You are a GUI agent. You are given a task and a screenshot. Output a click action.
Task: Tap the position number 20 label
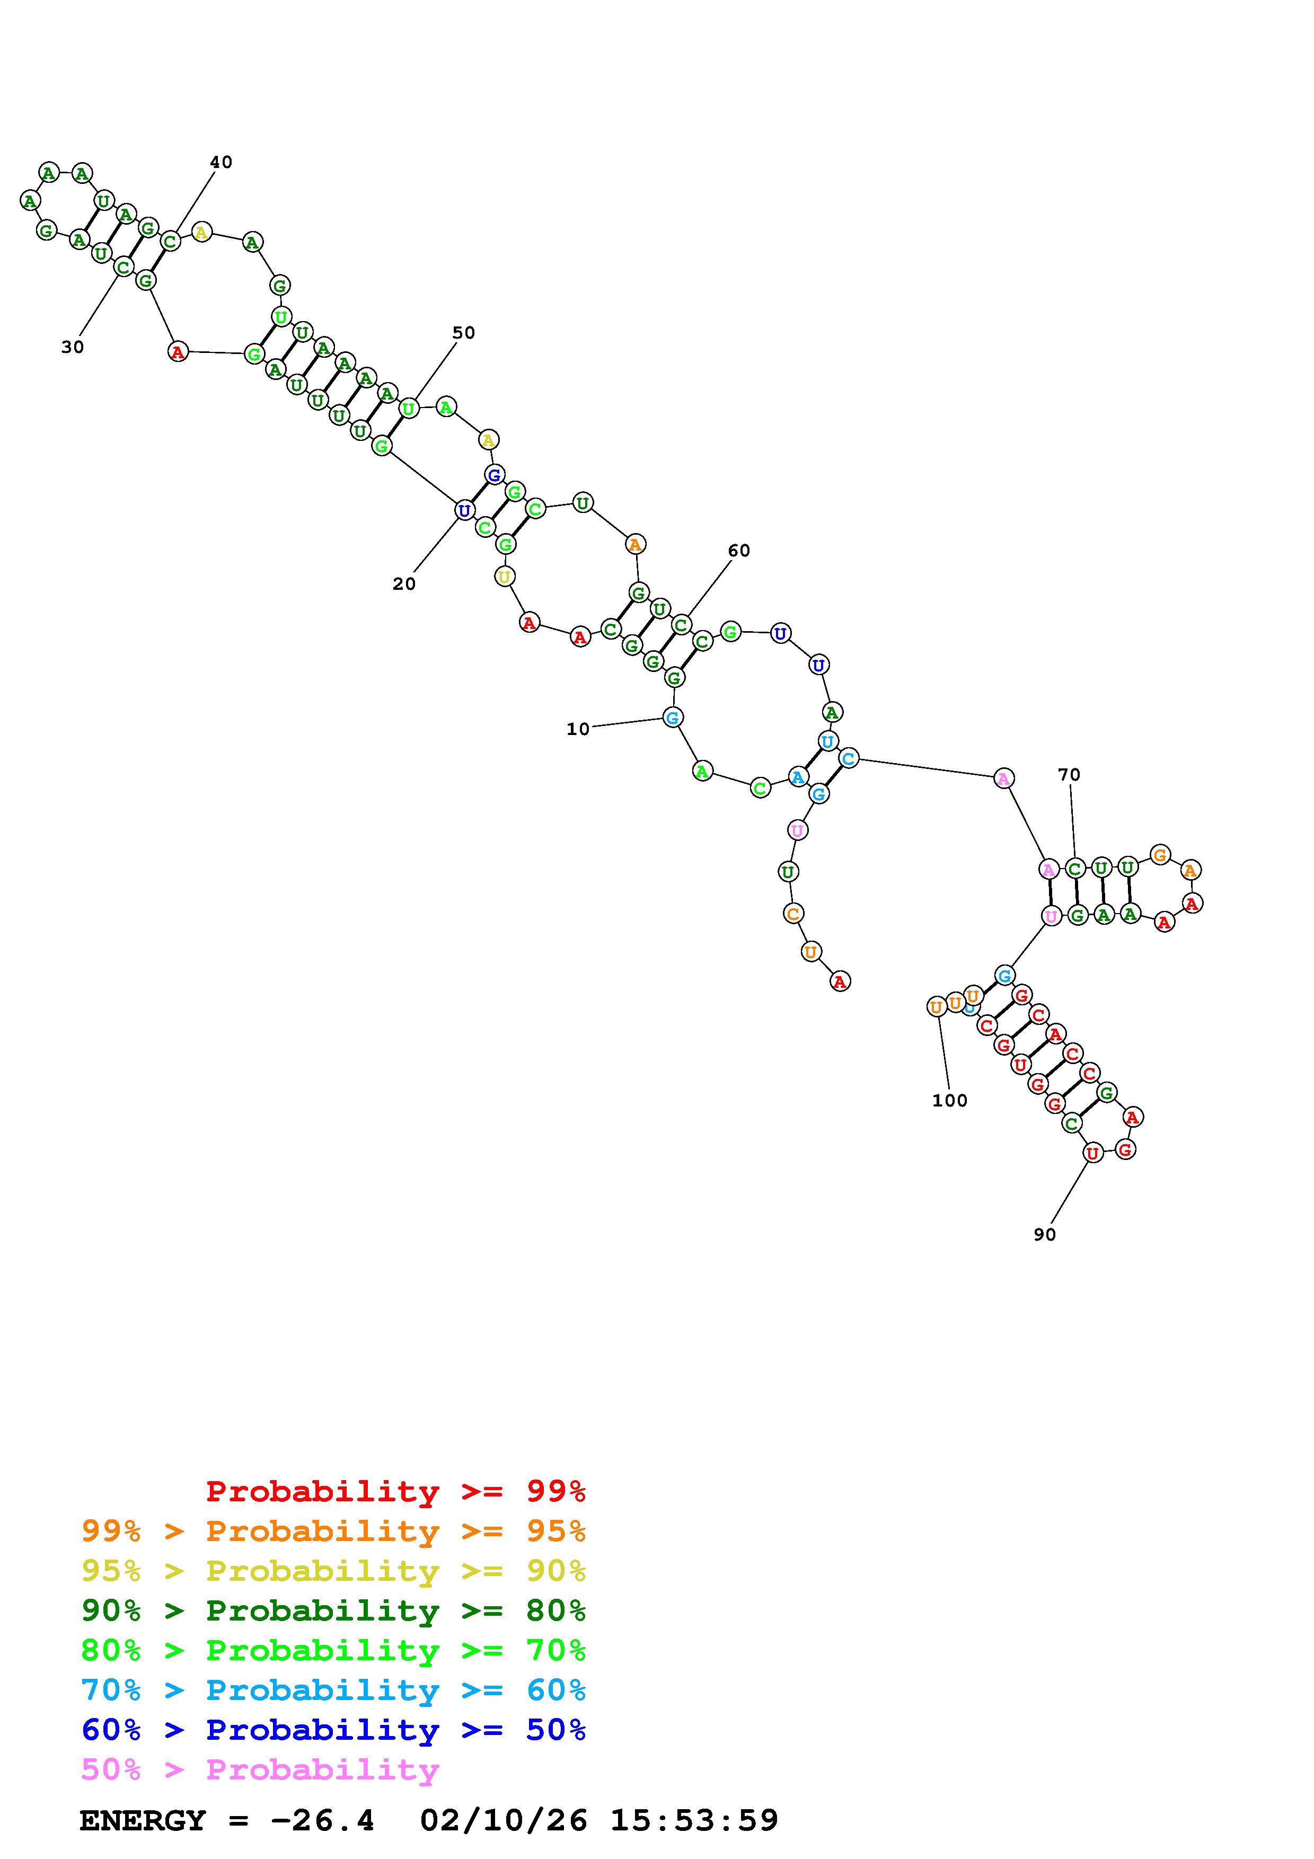coord(404,584)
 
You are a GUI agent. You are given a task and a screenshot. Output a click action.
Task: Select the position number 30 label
coord(72,347)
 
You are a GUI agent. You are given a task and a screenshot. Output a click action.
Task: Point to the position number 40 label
coord(221,162)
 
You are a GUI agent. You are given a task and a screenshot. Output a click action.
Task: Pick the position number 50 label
coord(463,333)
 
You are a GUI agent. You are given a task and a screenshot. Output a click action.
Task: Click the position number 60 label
coord(738,551)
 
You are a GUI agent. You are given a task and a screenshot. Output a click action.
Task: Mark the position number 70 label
coord(1069,775)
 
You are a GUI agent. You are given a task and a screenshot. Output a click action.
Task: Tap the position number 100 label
coord(950,1100)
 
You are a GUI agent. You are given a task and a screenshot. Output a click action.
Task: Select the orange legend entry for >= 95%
coord(333,1531)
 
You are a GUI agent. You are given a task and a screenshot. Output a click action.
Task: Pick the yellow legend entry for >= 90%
coord(333,1571)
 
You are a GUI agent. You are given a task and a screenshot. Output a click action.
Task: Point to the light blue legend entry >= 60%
coord(333,1690)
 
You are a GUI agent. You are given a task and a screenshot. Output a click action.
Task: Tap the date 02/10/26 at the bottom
coord(504,1820)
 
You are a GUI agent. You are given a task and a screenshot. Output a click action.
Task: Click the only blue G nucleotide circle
coord(494,474)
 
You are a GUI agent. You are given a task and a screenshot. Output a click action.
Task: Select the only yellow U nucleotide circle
coord(505,577)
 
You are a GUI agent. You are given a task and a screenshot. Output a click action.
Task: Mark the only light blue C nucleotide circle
coord(848,759)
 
